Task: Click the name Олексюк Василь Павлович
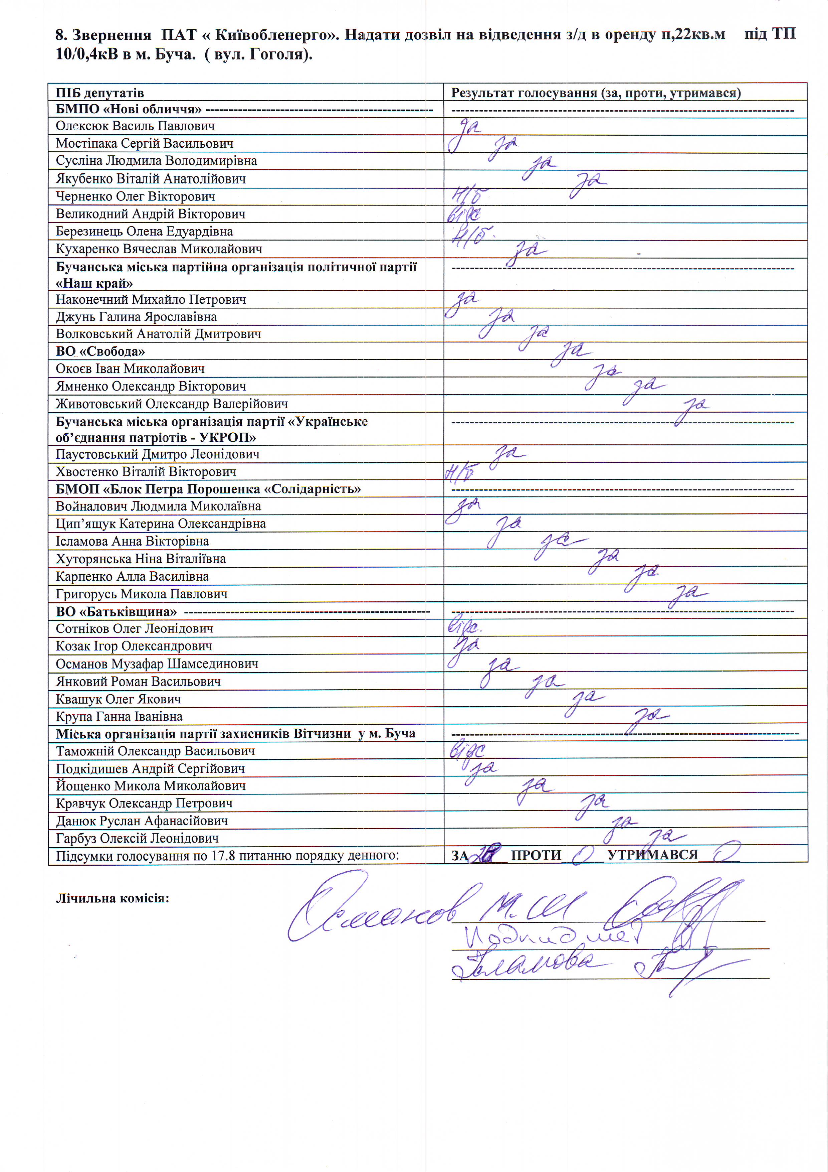pyautogui.click(x=135, y=126)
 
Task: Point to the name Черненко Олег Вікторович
pyautogui.click(x=135, y=196)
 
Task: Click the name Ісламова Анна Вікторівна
pyautogui.click(x=132, y=541)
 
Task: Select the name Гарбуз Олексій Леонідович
pyautogui.click(x=137, y=838)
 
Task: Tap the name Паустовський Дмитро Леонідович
pyautogui.click(x=157, y=454)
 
